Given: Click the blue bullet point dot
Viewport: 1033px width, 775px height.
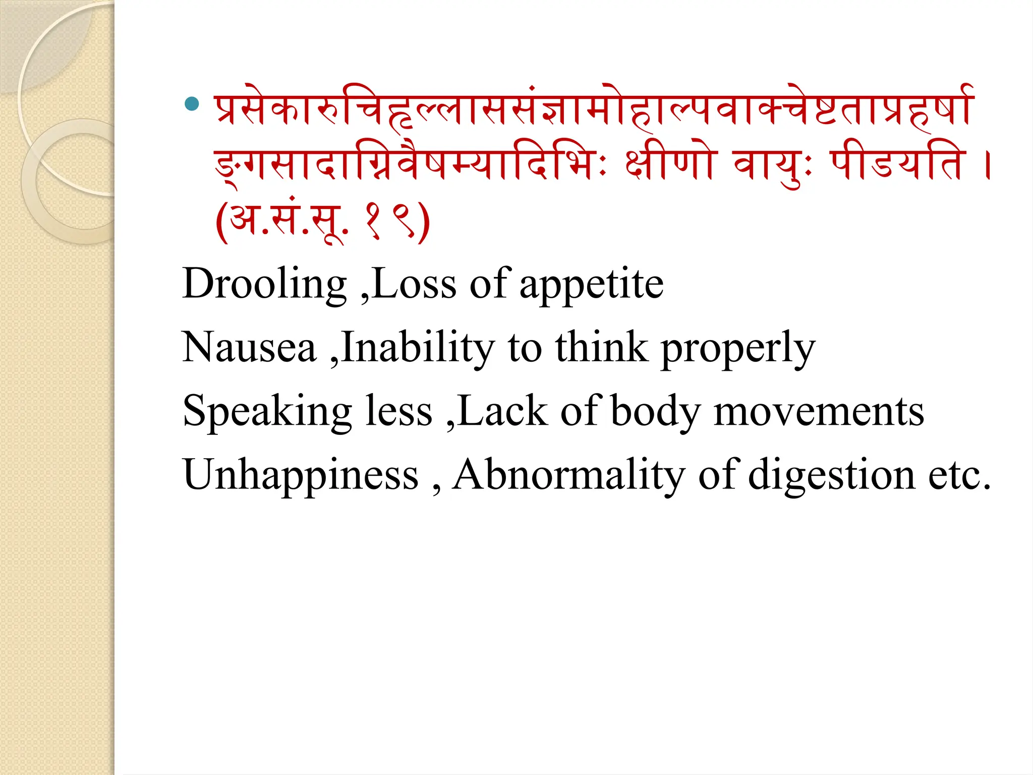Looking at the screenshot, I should pos(192,104).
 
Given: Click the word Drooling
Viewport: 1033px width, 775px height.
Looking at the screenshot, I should pos(264,284).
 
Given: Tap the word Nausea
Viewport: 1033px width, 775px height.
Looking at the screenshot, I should pos(249,348).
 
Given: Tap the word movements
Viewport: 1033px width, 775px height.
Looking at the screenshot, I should pos(819,412).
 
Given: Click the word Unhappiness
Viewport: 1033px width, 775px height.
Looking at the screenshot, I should pos(301,476).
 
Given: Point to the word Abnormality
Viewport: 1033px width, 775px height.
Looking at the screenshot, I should pos(568,476).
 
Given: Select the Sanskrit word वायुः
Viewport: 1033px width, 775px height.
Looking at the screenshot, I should pos(772,165).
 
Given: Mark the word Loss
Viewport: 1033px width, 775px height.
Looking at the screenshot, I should pos(414,284).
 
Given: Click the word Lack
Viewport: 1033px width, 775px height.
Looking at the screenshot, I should pos(503,412).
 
